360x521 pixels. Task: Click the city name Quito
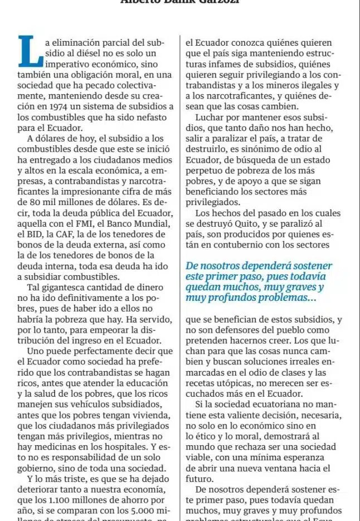pyautogui.click(x=242, y=223)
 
